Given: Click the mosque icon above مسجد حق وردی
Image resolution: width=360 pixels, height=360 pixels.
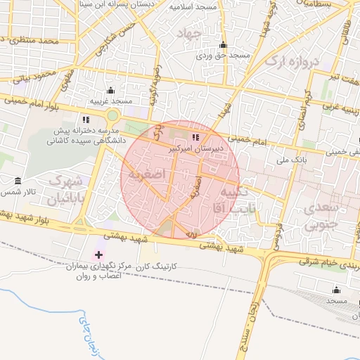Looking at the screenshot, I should tap(223, 44).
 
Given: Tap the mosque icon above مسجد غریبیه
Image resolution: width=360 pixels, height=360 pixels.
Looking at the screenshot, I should tap(110, 90).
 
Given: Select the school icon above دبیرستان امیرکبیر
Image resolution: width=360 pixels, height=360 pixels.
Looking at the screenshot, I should tap(195, 137).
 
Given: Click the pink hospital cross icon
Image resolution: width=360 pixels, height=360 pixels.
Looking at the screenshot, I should tap(98, 255).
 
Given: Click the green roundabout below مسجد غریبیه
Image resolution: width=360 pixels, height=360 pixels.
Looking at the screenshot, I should tap(113, 115).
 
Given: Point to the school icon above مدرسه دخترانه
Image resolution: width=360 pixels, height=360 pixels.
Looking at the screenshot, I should tap(85, 119).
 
